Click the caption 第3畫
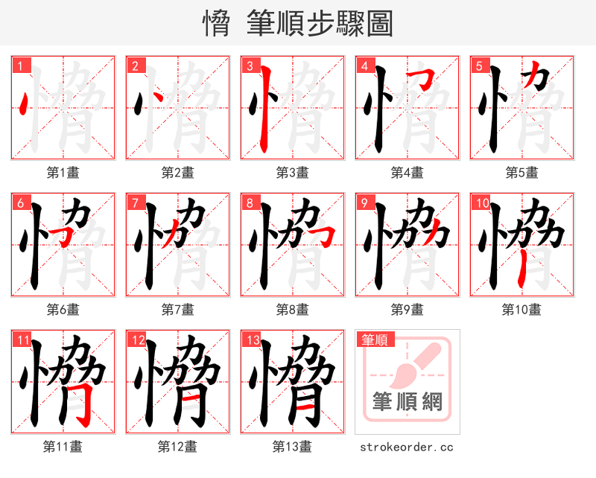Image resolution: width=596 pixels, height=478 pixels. tap(292, 173)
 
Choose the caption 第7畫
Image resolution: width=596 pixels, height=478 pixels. tap(177, 309)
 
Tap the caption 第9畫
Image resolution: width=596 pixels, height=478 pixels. tap(407, 309)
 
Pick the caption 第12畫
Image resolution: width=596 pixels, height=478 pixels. tap(177, 447)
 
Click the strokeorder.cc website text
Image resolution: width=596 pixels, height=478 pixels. tap(407, 447)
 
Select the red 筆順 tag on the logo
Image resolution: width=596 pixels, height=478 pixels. tap(375, 340)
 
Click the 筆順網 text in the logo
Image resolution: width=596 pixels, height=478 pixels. tap(408, 402)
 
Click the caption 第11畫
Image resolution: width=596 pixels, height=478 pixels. tap(63, 447)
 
